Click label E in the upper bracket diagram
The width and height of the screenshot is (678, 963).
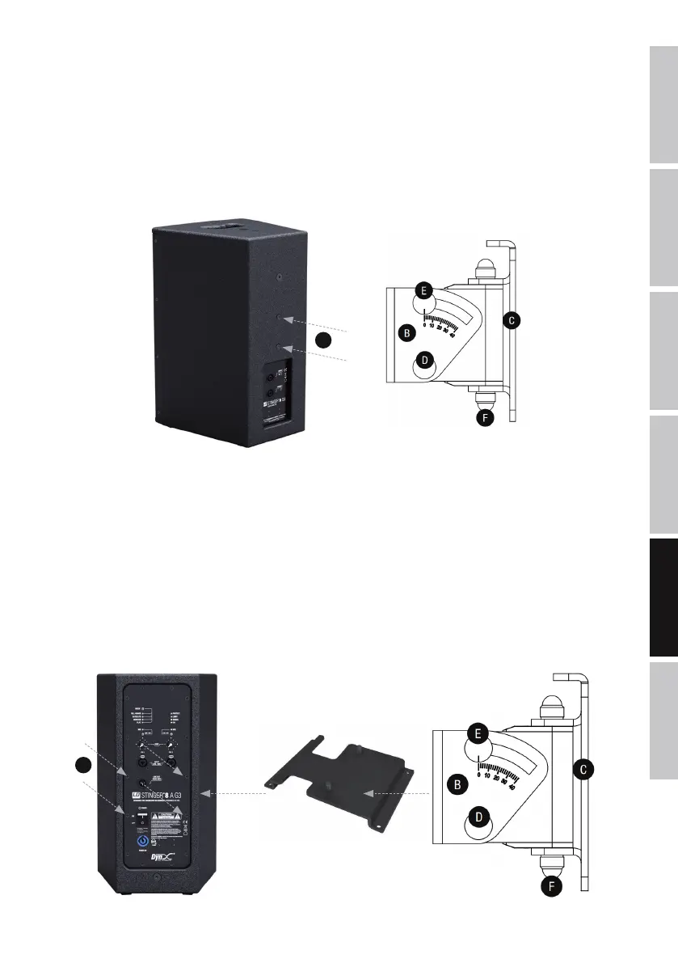coord(422,289)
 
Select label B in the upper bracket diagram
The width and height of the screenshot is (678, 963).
coord(408,332)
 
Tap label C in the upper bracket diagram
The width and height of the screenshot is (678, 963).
coord(510,320)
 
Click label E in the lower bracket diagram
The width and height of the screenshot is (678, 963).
coord(478,733)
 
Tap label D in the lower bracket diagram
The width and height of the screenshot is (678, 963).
coord(479,817)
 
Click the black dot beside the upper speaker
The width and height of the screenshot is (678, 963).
coord(322,340)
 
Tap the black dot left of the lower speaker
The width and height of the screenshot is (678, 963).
coord(79,764)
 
